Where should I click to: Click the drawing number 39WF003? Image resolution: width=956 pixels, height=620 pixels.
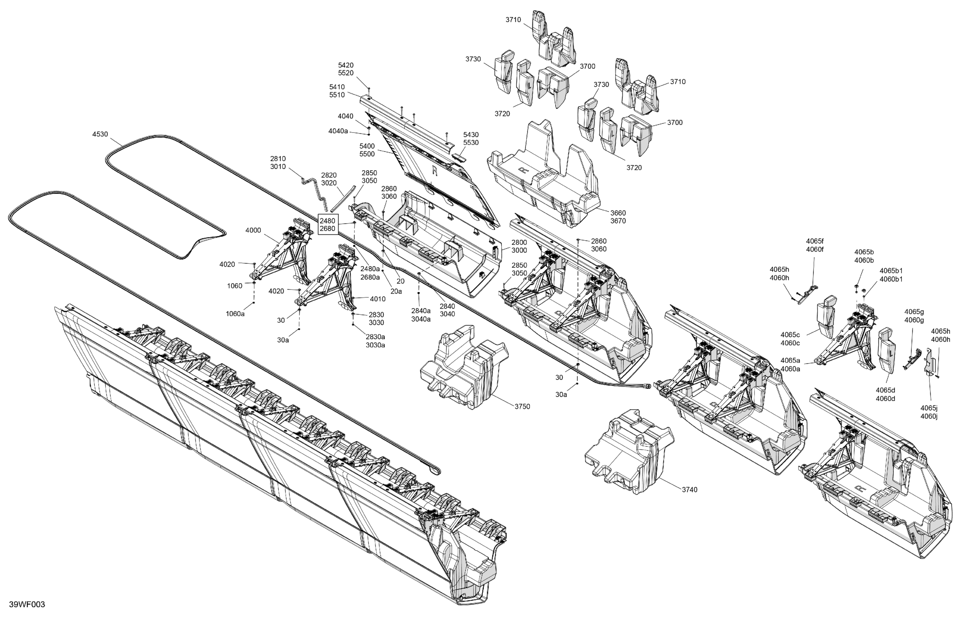tap(27, 605)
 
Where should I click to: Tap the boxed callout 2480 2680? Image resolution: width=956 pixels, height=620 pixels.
tap(327, 225)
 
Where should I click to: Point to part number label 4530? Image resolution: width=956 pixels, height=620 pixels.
tap(100, 134)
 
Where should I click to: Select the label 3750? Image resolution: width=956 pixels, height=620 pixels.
tap(522, 407)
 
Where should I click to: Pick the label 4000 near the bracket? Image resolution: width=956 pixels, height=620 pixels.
tap(253, 230)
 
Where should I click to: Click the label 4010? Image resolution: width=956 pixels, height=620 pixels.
tap(378, 299)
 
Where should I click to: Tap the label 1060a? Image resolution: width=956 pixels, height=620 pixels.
tap(235, 314)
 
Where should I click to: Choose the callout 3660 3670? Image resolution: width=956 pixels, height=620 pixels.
tap(618, 217)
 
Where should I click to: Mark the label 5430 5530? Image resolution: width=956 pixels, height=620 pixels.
tap(471, 139)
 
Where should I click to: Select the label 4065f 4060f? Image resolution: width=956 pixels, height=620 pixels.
tap(815, 245)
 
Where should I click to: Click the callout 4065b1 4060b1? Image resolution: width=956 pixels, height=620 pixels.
tap(891, 275)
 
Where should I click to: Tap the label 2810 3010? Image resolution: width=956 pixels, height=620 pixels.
tap(278, 163)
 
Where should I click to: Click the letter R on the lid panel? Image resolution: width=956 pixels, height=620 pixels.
tap(434, 171)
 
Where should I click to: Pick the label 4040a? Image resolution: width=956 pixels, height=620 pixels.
tap(338, 131)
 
